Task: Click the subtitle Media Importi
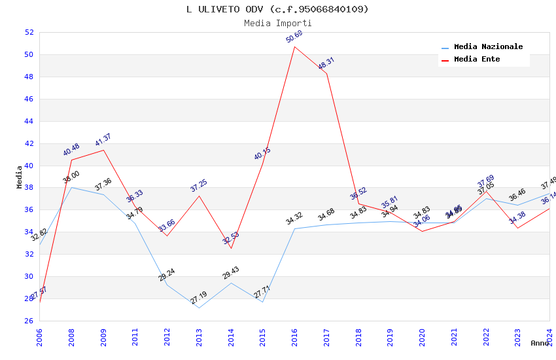tap(277, 23)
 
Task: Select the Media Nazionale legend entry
tap(488, 47)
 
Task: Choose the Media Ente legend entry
tap(477, 60)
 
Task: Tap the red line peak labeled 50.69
tap(294, 46)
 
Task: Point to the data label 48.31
tap(326, 63)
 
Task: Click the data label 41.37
tap(103, 140)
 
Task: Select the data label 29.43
tap(230, 274)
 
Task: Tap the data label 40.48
tap(71, 150)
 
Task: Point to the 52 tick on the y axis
tap(29, 32)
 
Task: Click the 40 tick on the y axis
tap(29, 166)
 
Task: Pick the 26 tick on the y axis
tap(29, 321)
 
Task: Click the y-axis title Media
tap(20, 177)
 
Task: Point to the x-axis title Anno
tap(540, 343)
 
